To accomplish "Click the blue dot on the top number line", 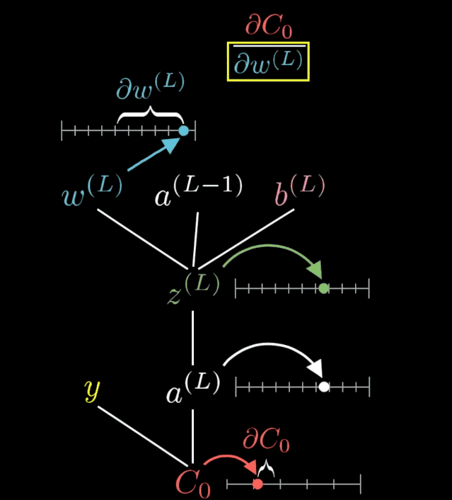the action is pyautogui.click(x=184, y=130).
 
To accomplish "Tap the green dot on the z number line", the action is pyautogui.click(x=323, y=288).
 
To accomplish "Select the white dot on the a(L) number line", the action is pyautogui.click(x=323, y=387).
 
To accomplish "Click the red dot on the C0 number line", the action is pyautogui.click(x=258, y=484).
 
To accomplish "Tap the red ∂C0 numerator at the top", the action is pyautogui.click(x=268, y=27).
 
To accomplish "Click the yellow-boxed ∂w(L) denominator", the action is pyautogui.click(x=268, y=62).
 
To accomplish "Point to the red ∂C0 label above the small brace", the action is pyautogui.click(x=266, y=441).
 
